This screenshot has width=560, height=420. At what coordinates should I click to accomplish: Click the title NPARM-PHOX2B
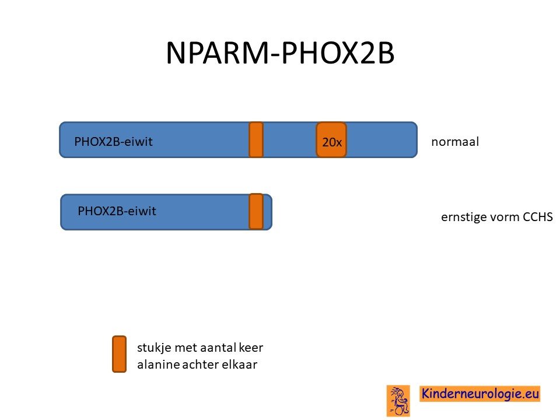tap(281, 53)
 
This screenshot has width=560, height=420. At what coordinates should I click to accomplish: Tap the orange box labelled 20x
tap(331, 139)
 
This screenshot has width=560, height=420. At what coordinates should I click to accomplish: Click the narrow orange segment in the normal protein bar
tap(256, 139)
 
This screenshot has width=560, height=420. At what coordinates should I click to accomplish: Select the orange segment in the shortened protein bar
tap(256, 211)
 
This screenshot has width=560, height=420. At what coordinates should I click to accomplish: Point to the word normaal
tap(455, 142)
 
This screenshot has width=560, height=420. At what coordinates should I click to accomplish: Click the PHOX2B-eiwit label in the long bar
tap(113, 142)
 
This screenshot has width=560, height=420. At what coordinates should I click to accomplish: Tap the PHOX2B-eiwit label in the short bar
tap(117, 211)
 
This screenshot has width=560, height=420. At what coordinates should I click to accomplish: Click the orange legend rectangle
tap(119, 354)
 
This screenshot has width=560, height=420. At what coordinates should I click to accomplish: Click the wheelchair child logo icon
tap(398, 401)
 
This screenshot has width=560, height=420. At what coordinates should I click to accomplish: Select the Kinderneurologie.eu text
tap(480, 394)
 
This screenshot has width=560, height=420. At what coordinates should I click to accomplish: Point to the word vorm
tap(502, 218)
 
